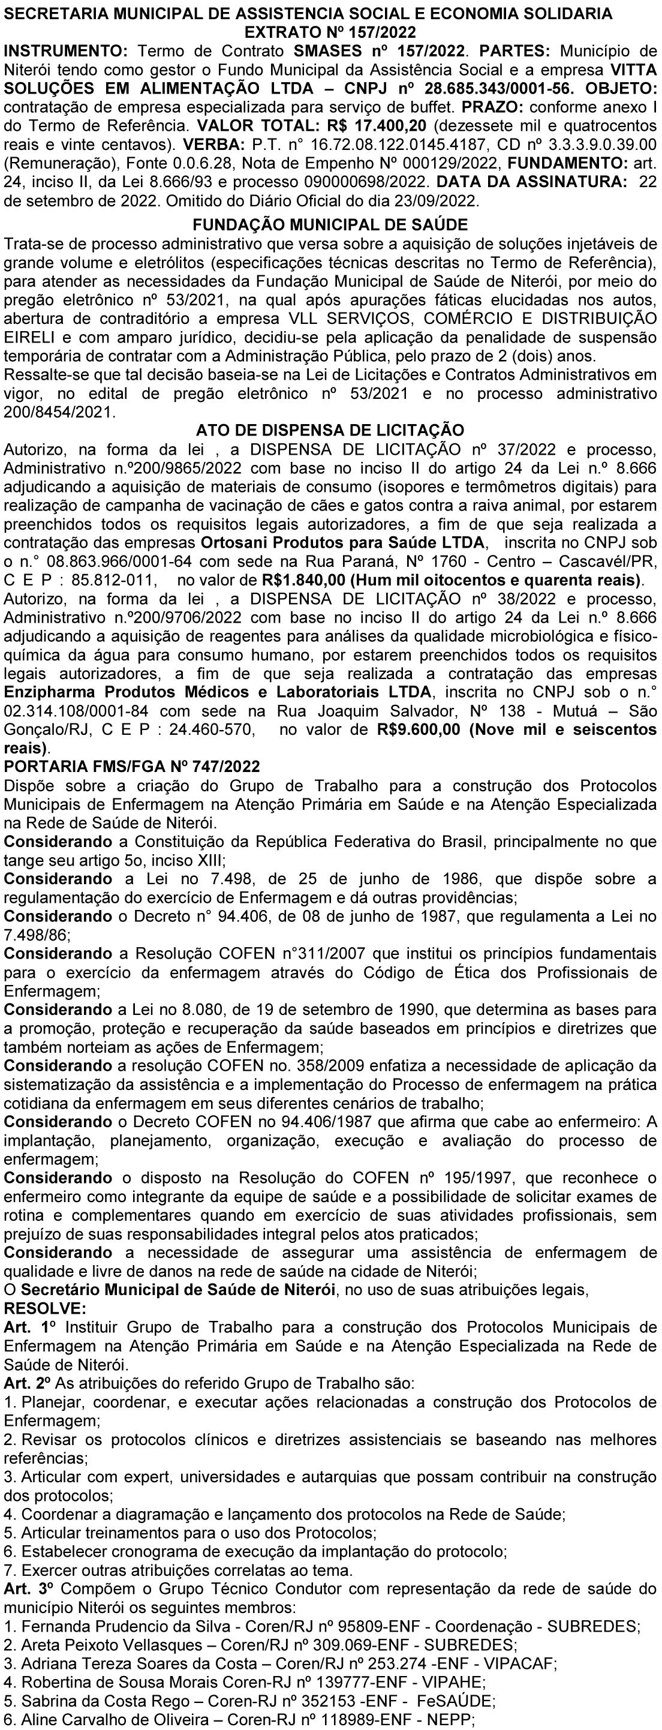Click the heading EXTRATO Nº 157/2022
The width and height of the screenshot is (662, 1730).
[330, 32]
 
